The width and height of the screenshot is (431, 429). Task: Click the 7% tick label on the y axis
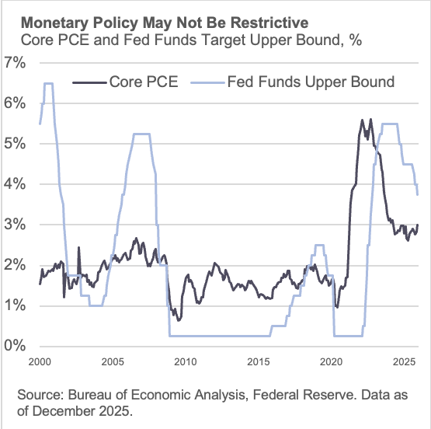(x=16, y=62)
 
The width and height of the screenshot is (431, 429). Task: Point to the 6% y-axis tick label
(x=16, y=103)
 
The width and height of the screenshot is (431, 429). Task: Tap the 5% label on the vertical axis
(x=16, y=144)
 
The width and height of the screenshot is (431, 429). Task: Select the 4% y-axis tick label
(x=16, y=184)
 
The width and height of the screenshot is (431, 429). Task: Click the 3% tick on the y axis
(x=16, y=225)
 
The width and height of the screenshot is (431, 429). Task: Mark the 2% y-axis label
(x=16, y=265)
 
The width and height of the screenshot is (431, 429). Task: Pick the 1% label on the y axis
(x=16, y=305)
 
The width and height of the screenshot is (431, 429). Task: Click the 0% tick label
(x=16, y=347)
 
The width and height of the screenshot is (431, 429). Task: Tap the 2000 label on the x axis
(x=40, y=362)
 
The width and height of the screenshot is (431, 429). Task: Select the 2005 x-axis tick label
(x=113, y=362)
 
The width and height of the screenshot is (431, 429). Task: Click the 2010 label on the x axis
(x=186, y=362)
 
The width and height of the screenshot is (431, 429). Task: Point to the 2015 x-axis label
(x=259, y=362)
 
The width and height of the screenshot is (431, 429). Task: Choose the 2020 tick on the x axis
(x=332, y=362)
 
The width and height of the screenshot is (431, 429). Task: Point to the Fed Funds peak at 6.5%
(x=48, y=83)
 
